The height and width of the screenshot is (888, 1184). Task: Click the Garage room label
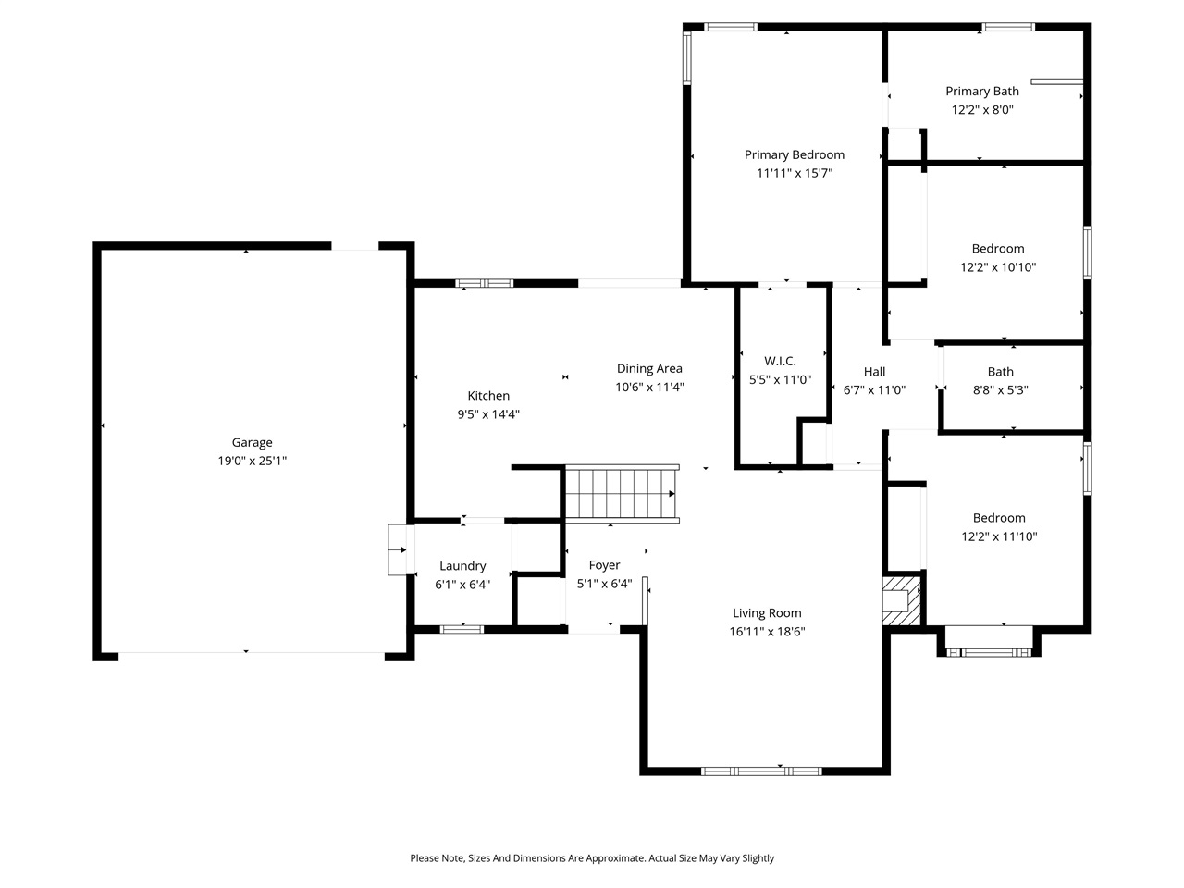coord(252,443)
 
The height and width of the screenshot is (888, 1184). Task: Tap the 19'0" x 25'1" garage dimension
coord(252,461)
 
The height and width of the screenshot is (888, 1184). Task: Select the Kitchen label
coord(488,396)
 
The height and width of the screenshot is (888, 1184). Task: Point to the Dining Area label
coord(649,369)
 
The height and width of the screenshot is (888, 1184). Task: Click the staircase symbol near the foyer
coord(622,493)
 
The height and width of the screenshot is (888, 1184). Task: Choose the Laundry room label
coord(462,566)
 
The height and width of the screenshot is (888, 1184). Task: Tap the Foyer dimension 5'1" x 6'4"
coord(604,584)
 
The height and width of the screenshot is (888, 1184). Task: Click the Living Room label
coord(767,613)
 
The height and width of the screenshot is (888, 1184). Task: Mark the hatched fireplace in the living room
coord(903,601)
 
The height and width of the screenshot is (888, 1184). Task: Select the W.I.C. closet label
coord(780,361)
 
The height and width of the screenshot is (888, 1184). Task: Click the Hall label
coord(874,372)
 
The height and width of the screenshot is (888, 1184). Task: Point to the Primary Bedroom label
coord(795,154)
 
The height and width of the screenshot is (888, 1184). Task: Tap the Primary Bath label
coord(982,91)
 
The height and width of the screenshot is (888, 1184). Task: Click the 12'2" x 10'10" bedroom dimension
coord(998,267)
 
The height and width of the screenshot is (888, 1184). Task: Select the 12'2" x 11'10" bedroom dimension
coord(999,536)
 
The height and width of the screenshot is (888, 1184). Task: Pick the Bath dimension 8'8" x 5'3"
coord(1000,390)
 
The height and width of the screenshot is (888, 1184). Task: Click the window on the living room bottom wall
coord(761,770)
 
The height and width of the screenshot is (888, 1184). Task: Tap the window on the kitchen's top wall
coord(485,283)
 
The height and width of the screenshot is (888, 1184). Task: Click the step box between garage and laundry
coord(400,549)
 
